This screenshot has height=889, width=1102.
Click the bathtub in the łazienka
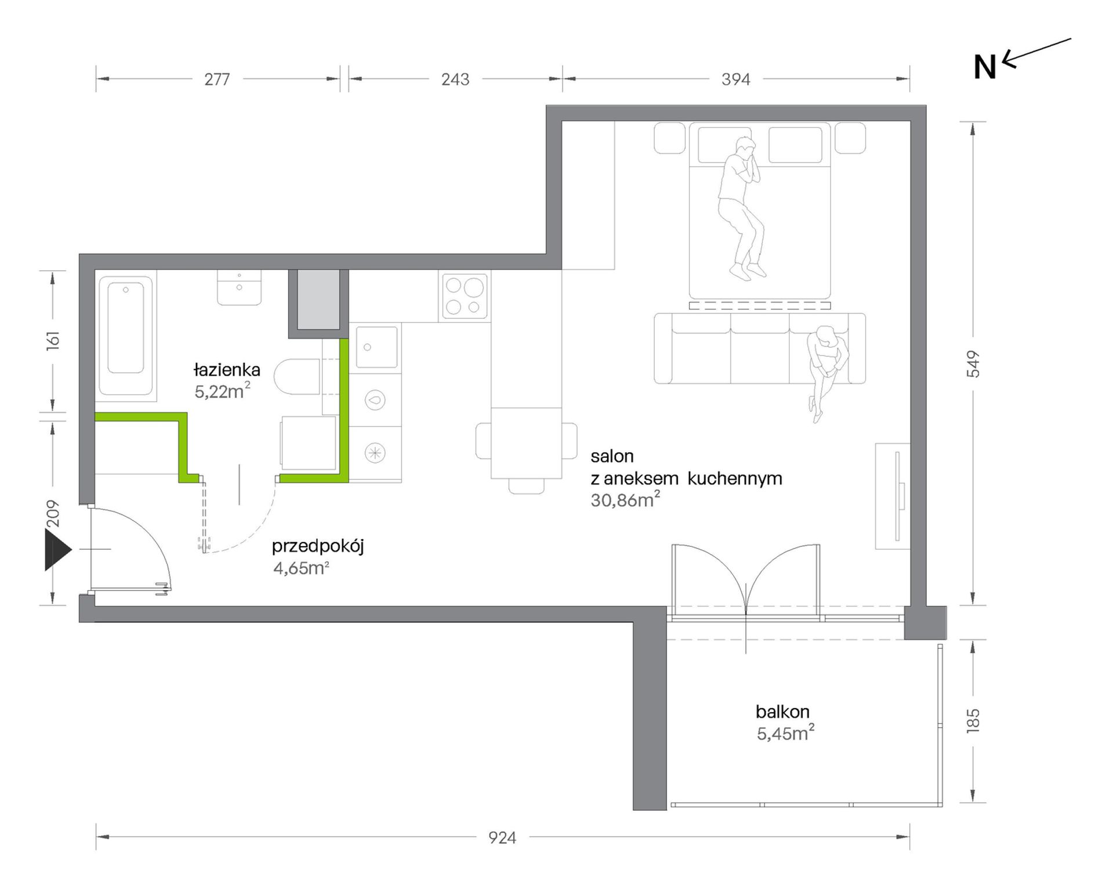pos(126,335)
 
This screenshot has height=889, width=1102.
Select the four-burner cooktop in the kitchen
pos(465,296)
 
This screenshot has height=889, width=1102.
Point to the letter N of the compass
pos(985,67)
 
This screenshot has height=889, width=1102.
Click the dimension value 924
pos(502,837)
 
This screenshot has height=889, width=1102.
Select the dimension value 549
pos(973,364)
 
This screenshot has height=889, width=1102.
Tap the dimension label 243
pos(455,79)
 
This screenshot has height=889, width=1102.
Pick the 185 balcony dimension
pos(973,721)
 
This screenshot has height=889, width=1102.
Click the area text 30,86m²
pos(625,499)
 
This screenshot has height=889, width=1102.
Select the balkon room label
pos(782,711)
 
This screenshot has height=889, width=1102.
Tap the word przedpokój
pos(318,547)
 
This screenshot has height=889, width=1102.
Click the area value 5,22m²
pos(222,391)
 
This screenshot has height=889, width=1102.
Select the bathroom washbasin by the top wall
pos(239,287)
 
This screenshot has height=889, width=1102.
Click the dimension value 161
pos(52,339)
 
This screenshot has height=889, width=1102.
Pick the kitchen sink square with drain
pos(376,347)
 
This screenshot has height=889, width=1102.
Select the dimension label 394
pos(736,79)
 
